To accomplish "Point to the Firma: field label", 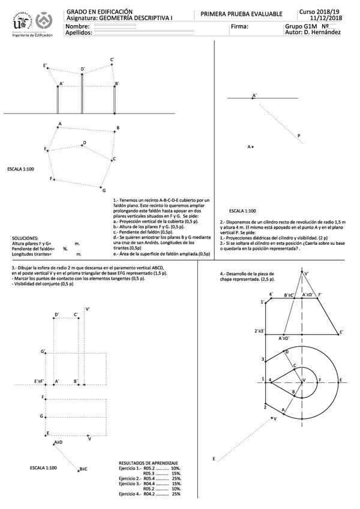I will [238, 27].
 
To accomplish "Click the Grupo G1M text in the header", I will [301, 26].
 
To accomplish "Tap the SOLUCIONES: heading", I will [25, 238].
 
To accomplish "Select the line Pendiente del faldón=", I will [33, 248].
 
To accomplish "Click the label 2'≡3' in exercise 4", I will [260, 331].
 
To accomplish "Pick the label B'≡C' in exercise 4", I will [292, 295].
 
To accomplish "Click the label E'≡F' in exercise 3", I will [41, 381].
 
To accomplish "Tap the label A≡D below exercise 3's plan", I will [58, 442].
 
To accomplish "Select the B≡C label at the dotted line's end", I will [83, 469].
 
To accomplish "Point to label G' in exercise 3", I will [43, 352].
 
